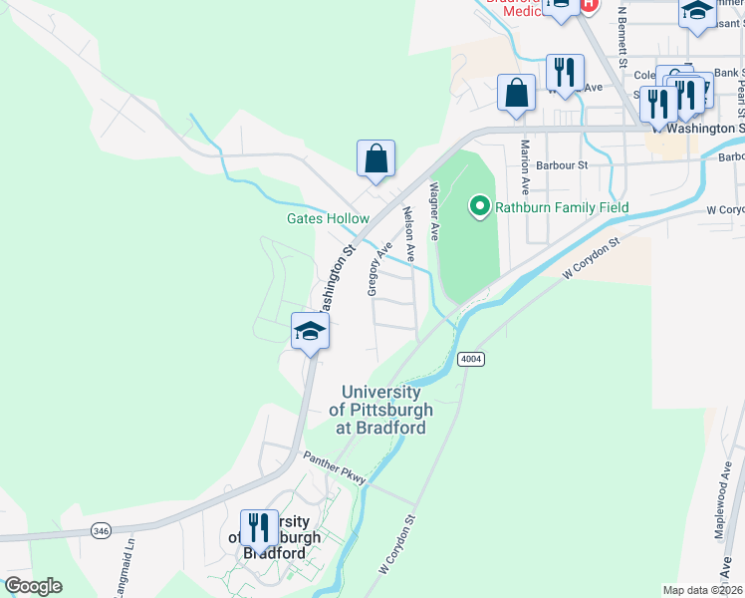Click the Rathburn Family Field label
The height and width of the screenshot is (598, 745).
coord(563,207)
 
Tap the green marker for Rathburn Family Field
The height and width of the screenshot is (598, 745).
coord(479,207)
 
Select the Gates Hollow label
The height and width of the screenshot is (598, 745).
coord(328,218)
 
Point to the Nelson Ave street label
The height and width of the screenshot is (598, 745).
coord(407,234)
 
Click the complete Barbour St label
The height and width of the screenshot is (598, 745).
coord(562,164)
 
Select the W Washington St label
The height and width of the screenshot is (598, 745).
coord(697,129)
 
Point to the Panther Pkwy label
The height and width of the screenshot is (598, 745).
coord(335,467)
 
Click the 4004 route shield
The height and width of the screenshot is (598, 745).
coord(471,358)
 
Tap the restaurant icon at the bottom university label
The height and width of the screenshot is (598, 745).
coord(259,529)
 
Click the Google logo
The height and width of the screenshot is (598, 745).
coord(33,585)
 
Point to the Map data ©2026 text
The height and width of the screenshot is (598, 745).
coord(701,590)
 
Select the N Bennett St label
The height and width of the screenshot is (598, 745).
coord(621,39)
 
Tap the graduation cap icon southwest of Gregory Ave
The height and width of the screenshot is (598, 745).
coord(310,332)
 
